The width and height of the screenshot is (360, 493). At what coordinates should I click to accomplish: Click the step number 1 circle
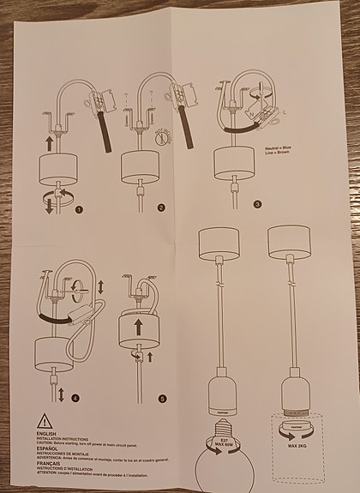click(x=79, y=208)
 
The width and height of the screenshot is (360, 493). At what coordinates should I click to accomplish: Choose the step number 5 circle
click(x=162, y=397)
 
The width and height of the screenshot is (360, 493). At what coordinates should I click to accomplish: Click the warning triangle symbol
click(x=44, y=421)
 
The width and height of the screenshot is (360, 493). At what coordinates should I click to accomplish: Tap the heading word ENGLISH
click(x=48, y=435)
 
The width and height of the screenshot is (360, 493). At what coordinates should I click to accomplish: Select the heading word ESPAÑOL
click(x=49, y=448)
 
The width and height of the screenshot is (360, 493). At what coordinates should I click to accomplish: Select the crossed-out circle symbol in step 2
click(x=169, y=136)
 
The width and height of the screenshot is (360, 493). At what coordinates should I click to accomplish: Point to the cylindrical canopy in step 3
click(x=231, y=159)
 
